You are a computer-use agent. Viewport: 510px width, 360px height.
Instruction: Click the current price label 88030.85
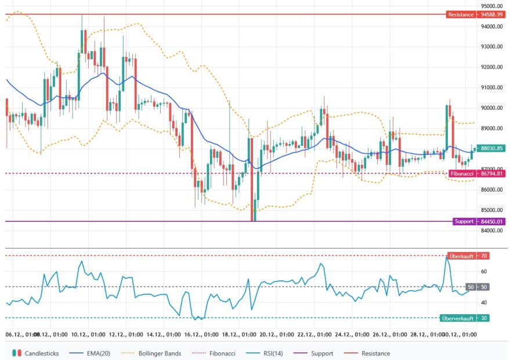492,148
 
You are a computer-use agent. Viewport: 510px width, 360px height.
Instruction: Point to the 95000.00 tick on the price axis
492,6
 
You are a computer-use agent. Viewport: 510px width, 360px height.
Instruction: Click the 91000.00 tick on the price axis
492,88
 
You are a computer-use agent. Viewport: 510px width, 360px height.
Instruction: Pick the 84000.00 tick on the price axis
492,231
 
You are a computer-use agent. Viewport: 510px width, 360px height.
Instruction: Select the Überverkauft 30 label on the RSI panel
465,318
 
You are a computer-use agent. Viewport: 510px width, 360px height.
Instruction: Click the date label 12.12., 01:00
126,334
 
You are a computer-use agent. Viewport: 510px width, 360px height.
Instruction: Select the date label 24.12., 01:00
352,334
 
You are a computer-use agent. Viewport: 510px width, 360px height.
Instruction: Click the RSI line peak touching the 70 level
447,256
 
